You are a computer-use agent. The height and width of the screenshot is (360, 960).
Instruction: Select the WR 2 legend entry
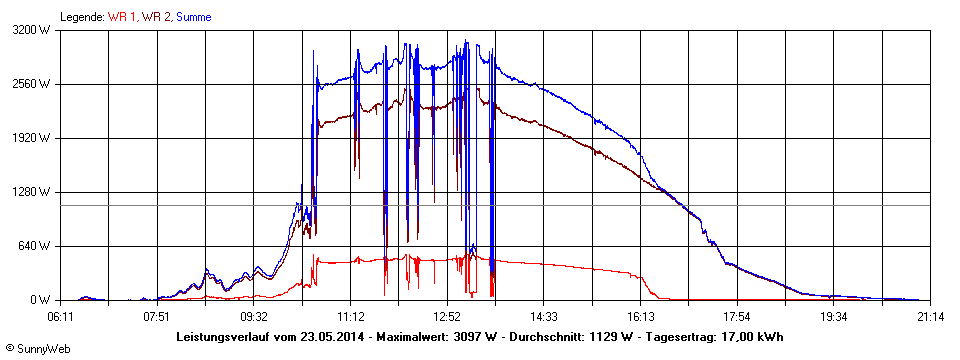(157, 17)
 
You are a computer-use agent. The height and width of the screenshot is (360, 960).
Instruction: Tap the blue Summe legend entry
(194, 17)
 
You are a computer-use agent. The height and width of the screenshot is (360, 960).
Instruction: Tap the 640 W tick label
(37, 246)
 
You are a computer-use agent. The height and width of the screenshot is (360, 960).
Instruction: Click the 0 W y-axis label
(41, 300)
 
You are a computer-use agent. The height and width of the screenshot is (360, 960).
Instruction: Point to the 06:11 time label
(61, 316)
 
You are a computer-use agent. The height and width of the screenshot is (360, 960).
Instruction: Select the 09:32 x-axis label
(254, 316)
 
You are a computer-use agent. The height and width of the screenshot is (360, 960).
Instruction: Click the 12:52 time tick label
(447, 316)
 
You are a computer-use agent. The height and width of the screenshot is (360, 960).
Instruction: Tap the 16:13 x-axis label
(641, 316)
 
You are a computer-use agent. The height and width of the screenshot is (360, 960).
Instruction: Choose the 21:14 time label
(930, 316)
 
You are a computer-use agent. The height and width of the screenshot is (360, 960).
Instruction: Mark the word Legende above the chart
(82, 17)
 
